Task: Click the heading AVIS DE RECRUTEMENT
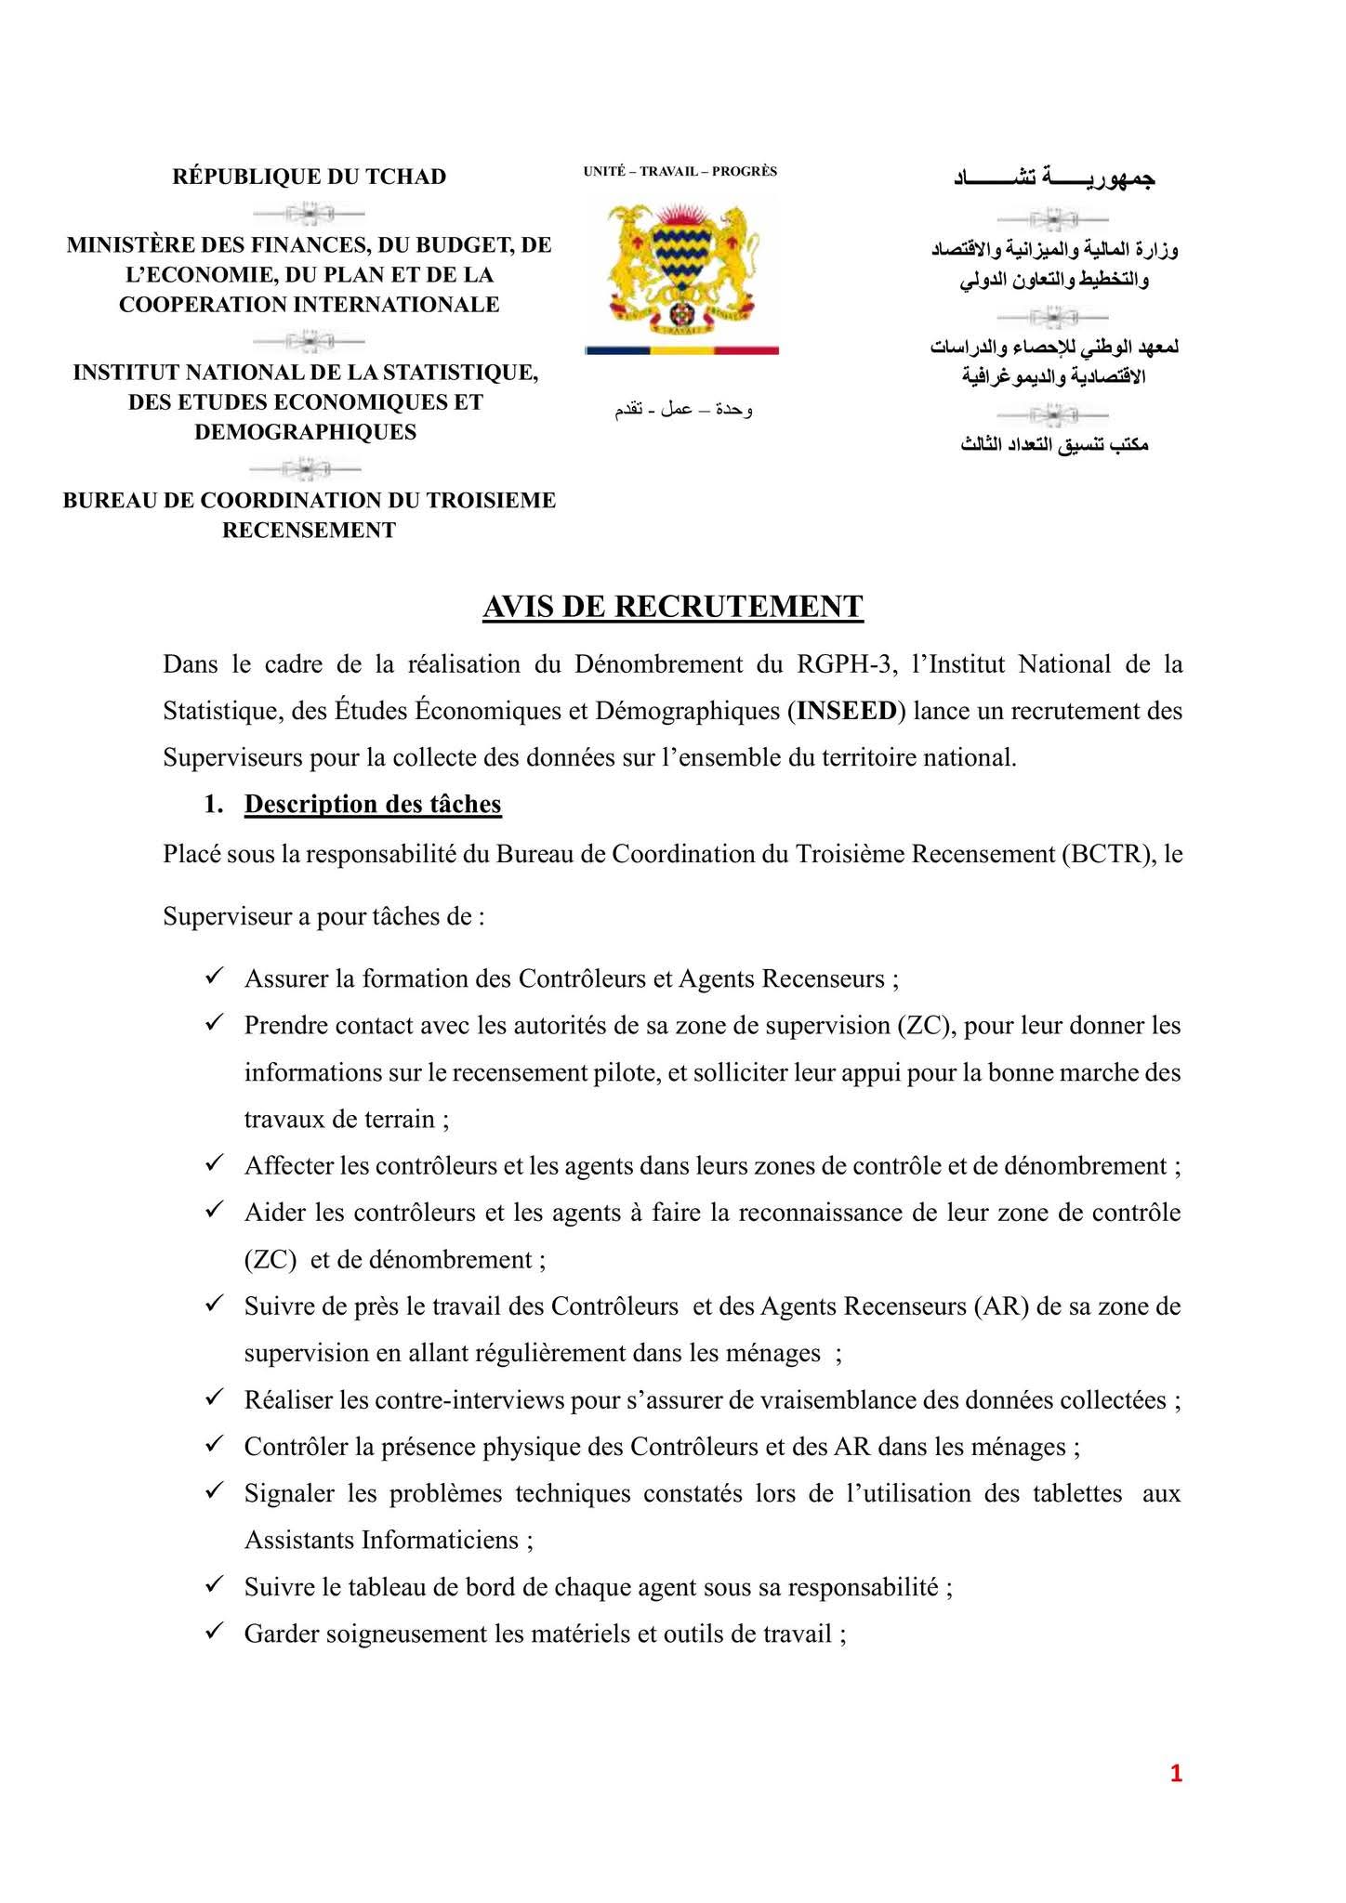[673, 606]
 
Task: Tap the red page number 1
[1176, 1774]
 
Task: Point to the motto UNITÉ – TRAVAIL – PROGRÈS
[680, 171]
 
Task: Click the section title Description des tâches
[373, 804]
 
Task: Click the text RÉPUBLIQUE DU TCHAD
[310, 177]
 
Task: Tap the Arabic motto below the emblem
[683, 410]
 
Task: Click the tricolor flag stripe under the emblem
[681, 350]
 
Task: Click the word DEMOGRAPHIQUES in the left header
[306, 432]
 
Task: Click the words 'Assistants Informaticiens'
[381, 1540]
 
